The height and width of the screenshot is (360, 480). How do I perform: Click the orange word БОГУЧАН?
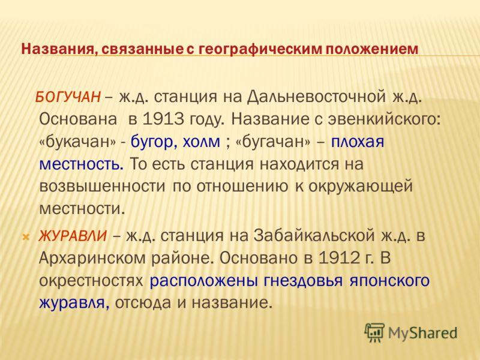[x=68, y=97]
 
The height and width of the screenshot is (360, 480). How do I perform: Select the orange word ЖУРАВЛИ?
[x=73, y=236]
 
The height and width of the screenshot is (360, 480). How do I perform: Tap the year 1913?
[x=163, y=119]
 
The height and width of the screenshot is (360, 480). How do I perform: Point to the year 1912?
[x=339, y=258]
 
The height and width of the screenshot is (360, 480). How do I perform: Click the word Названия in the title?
[x=58, y=49]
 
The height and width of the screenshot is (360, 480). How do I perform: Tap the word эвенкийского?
[x=384, y=119]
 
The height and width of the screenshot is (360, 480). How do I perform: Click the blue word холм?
[x=201, y=142]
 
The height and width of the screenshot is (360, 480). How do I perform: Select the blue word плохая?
[x=357, y=142]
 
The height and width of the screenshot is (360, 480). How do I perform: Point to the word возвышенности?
[x=102, y=187]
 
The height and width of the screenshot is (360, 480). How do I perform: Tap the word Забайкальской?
[x=314, y=236]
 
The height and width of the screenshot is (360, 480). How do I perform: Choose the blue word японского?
[x=389, y=281]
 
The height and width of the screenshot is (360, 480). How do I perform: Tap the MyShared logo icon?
[x=374, y=332]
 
